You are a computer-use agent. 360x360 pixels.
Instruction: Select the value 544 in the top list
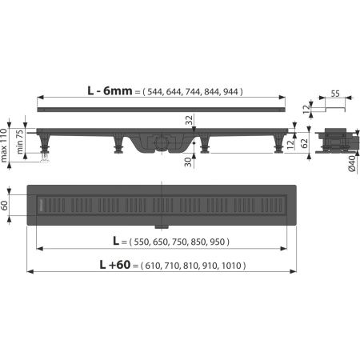(x=158, y=92)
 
